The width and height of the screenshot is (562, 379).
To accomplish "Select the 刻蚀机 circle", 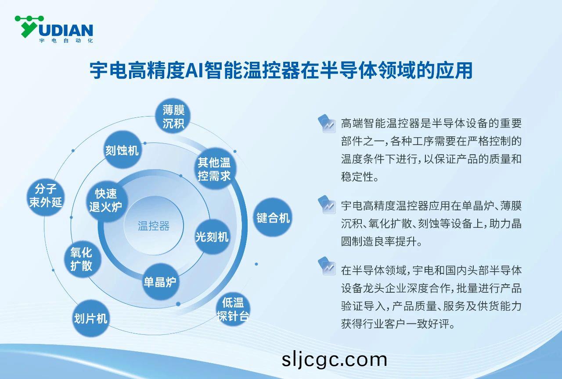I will coord(122,150).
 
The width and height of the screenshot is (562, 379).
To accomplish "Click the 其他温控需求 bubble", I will coord(214,169).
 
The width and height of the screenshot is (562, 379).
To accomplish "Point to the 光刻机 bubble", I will coord(212,237).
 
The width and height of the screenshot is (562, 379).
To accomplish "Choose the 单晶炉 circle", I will coord(160,282).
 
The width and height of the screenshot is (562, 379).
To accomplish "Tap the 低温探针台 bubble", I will coord(233,309).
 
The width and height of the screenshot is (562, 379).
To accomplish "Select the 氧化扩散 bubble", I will coord(81,259).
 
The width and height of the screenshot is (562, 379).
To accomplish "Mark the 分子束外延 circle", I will coord(46,195).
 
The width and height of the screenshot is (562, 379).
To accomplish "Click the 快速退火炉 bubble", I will coord(106,200).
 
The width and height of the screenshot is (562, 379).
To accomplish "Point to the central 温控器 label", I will coord(154,226).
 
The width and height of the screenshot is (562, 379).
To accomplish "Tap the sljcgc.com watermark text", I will coord(334,360).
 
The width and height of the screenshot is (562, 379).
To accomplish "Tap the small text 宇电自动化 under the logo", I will coord(66,41).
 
